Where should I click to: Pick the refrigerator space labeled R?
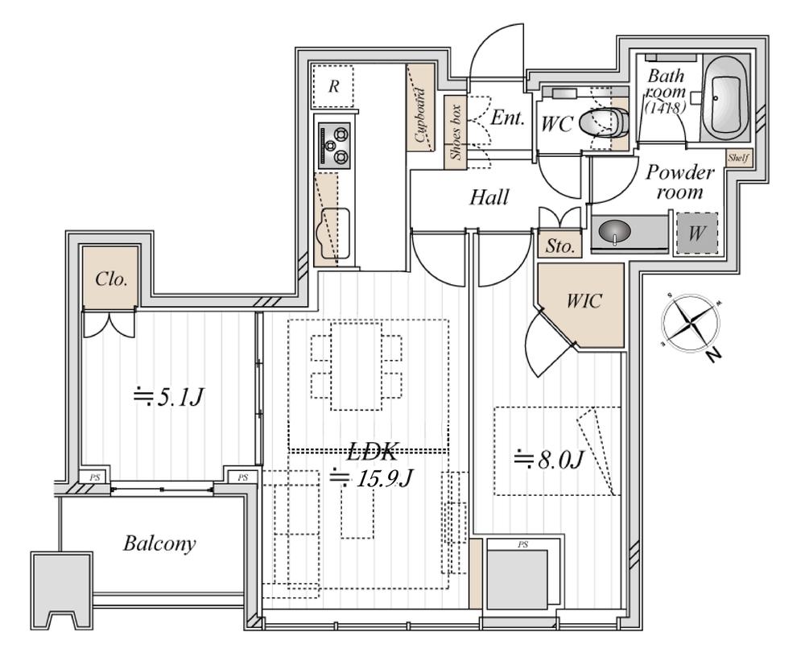coord(332,85)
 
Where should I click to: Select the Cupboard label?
coord(420,121)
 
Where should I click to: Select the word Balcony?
coord(159,543)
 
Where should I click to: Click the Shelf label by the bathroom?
coord(738,159)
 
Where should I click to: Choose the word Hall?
coord(489,196)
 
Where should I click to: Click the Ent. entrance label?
coord(507,118)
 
